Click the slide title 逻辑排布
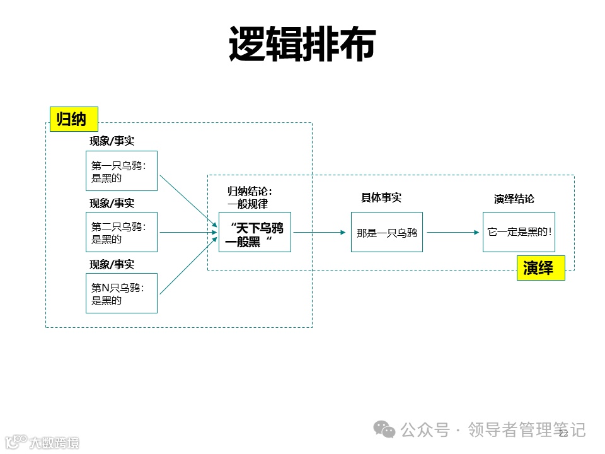[302, 44]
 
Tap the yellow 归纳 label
[74, 119]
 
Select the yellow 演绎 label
[541, 268]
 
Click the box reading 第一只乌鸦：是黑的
[122, 171]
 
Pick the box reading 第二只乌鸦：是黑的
[122, 232]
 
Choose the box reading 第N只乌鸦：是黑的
[122, 293]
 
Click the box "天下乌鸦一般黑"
[255, 232]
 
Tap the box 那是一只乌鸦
[387, 232]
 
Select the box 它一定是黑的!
[519, 232]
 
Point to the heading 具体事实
[381, 197]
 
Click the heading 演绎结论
[514, 199]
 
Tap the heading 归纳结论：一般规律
[250, 197]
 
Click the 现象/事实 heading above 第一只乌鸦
[112, 141]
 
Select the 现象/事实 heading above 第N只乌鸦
[112, 264]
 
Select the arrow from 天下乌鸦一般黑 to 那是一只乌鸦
[320, 232]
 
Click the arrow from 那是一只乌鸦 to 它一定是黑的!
[452, 232]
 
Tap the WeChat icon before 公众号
[384, 429]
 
